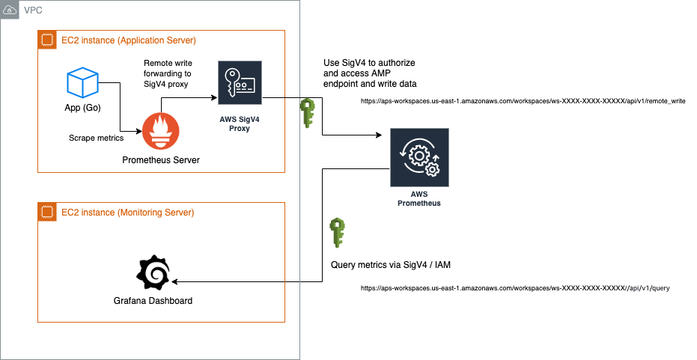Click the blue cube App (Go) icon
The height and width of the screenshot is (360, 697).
[82, 83]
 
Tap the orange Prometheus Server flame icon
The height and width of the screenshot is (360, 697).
[161, 132]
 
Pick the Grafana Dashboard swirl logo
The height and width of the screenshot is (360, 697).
[153, 275]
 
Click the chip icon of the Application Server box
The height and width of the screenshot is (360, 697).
[46, 40]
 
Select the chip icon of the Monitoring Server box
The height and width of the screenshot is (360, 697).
[46, 213]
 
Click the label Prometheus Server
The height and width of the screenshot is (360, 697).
[160, 160]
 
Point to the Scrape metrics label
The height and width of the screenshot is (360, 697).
[96, 138]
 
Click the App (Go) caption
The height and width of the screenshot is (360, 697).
[82, 107]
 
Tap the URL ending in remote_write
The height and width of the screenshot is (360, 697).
[523, 100]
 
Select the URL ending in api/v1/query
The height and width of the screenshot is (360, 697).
[510, 287]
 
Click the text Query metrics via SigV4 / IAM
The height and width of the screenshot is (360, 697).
[390, 265]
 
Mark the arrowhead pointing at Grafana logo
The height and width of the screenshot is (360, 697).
[174, 282]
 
